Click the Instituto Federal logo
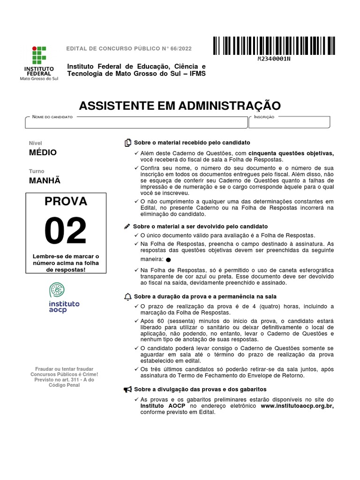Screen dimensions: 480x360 [39, 63]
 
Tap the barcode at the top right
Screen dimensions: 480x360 [274, 46]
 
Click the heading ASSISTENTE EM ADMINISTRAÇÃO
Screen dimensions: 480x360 [180, 105]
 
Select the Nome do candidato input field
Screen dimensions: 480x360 [136, 122]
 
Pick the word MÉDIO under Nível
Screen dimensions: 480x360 [43, 152]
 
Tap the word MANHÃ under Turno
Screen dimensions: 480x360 [45, 181]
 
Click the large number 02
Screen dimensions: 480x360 [66, 231]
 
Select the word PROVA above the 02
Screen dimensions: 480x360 [66, 202]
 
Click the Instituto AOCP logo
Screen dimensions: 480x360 [64, 299]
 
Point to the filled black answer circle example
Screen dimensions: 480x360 [168, 260]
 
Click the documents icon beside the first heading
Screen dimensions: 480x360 [127, 142]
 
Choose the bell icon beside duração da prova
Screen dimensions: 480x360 [127, 297]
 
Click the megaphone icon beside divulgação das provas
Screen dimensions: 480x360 [127, 390]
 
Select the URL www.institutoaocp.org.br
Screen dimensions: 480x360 [297, 406]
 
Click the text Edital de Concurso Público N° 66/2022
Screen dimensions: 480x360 [129, 49]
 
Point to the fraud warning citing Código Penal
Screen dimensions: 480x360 [64, 377]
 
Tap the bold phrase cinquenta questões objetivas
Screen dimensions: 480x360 [291, 153]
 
